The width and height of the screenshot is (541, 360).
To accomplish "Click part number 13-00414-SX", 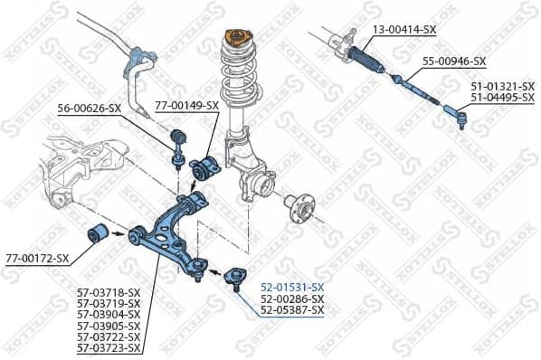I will (404, 30).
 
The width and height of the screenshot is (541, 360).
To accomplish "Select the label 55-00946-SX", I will (454, 62).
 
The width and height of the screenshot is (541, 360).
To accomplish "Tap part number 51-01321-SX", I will (502, 87).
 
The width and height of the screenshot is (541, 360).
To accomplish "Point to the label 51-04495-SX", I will (502, 98).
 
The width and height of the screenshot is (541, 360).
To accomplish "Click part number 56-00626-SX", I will (90, 109).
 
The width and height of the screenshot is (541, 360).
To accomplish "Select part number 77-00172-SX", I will (37, 259).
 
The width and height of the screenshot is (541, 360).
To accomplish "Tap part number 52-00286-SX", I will (291, 298).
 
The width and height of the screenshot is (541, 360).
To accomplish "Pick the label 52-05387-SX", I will (291, 310).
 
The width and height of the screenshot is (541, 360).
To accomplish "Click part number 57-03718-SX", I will (109, 292).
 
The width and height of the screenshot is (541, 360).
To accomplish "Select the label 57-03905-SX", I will (109, 326).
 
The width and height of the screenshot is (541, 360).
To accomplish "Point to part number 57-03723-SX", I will (109, 347).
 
